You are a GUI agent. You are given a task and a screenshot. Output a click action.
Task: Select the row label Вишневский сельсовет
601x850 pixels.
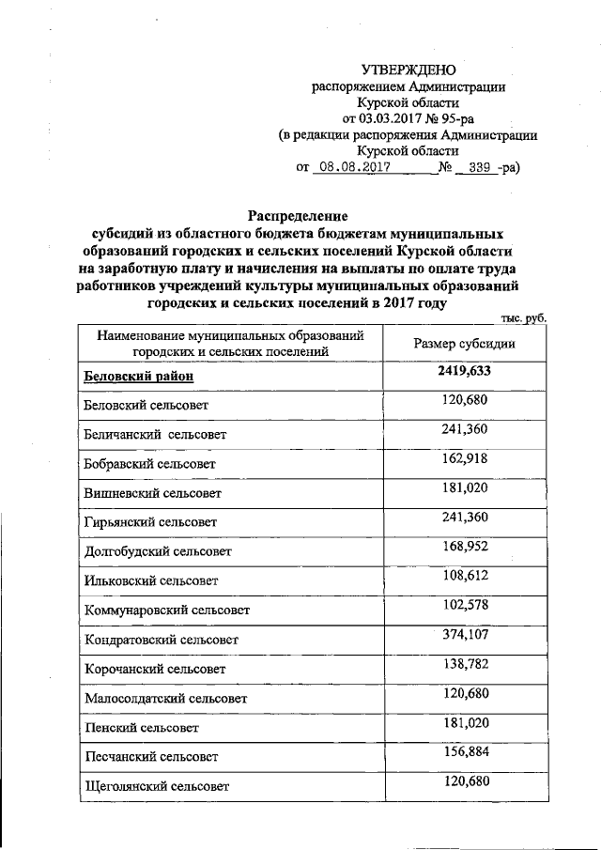[x=152, y=493]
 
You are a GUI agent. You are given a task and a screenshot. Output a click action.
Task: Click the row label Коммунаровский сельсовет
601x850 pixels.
[x=166, y=610]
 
